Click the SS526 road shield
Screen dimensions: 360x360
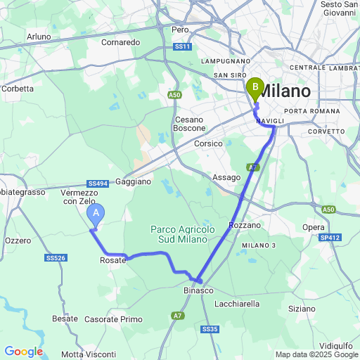[x=55, y=258]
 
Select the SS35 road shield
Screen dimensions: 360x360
[x=210, y=329]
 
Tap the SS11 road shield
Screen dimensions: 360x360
[x=182, y=47]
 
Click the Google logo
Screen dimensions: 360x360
[x=23, y=352]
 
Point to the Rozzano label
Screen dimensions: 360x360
[x=245, y=225]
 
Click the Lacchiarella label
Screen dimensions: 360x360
[x=236, y=304]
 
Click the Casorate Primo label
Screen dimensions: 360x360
[x=113, y=319]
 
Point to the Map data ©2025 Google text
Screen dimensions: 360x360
[x=316, y=354]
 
